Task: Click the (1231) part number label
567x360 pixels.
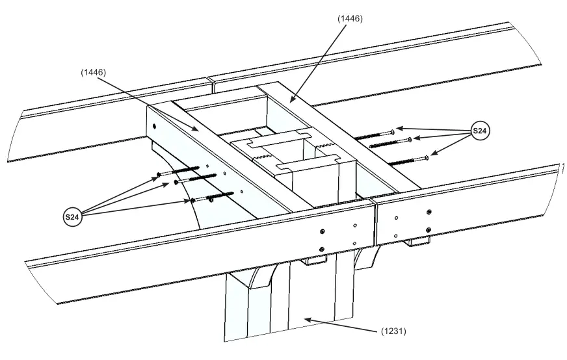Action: pyautogui.click(x=393, y=331)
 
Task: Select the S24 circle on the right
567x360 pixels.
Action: pyautogui.click(x=479, y=132)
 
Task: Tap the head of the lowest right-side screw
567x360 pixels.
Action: pyautogui.click(x=427, y=157)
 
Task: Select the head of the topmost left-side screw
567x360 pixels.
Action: pyautogui.click(x=159, y=174)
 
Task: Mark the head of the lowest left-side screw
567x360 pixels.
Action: pyautogui.click(x=193, y=200)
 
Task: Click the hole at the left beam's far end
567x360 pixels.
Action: pyautogui.click(x=154, y=127)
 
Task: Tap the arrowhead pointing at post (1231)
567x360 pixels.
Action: pyautogui.click(x=305, y=318)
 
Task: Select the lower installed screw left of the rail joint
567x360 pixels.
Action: pyautogui.click(x=323, y=248)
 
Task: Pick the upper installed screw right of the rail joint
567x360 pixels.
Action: pyautogui.click(x=429, y=211)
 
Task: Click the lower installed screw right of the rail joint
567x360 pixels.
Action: pyautogui.click(x=429, y=229)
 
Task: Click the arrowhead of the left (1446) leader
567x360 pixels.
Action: pyautogui.click(x=199, y=130)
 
